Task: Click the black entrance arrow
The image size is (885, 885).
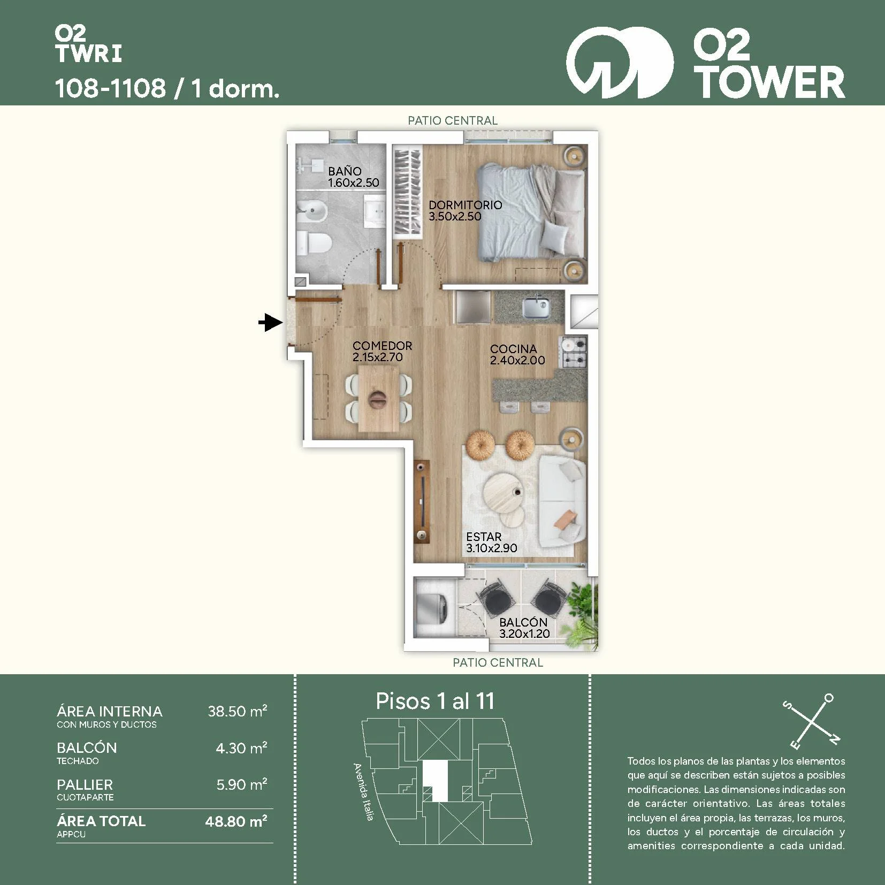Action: (x=271, y=323)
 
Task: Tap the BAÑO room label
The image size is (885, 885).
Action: (x=345, y=171)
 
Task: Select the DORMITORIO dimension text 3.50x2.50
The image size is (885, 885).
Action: (x=455, y=216)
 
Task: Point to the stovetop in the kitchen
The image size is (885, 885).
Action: (x=573, y=352)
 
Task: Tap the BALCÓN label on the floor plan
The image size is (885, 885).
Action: (x=523, y=622)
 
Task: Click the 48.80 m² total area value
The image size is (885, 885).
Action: (x=236, y=821)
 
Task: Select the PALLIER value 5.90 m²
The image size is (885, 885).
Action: (x=241, y=784)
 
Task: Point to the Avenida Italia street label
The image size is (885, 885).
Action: (x=363, y=792)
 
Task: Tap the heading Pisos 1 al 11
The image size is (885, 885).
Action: (x=435, y=701)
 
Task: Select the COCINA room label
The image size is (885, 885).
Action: (x=513, y=349)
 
